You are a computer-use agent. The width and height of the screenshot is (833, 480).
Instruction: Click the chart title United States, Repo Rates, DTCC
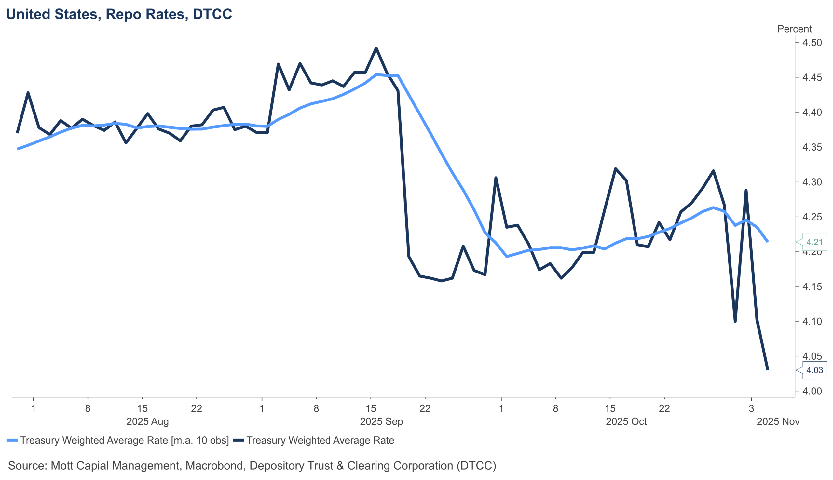119,14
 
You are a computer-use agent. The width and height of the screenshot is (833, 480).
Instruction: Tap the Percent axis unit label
794,29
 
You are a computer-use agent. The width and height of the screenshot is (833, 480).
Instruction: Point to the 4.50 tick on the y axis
812,43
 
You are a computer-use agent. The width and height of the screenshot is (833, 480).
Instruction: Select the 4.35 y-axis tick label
812,147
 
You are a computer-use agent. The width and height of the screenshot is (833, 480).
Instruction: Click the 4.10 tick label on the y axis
812,321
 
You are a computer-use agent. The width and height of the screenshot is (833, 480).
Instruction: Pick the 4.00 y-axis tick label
812,391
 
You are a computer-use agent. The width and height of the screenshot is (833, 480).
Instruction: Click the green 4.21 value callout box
814,242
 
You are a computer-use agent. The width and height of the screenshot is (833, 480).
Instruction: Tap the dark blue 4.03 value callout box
814,370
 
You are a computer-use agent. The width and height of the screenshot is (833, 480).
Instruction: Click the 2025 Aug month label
147,422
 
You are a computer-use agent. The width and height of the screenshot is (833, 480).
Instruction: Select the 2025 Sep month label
381,422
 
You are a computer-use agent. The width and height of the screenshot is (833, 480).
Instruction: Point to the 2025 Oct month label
626,422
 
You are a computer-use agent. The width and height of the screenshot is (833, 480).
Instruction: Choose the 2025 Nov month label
778,422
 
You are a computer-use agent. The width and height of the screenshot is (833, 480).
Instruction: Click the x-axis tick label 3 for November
751,409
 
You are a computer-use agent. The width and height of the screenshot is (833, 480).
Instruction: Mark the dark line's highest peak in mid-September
376,48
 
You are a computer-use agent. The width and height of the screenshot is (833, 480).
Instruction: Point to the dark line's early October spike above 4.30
496,178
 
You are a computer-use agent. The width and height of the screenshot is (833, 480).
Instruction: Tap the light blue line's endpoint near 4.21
768,242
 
